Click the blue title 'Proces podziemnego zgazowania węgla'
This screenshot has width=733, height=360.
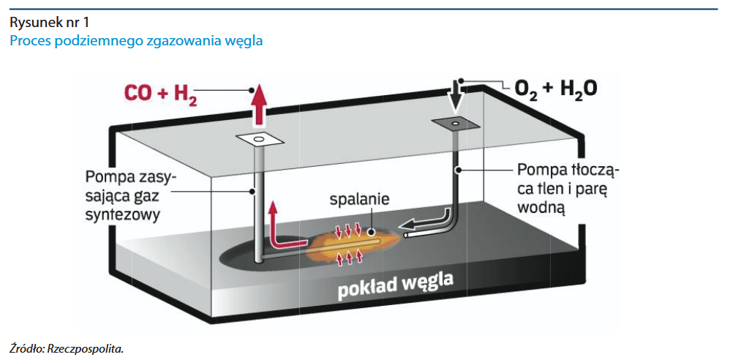click(x=136, y=41)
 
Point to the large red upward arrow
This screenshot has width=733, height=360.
click(x=258, y=104)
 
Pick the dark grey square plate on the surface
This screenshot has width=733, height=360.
click(x=454, y=124)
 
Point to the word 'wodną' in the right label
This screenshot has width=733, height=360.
click(x=538, y=207)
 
